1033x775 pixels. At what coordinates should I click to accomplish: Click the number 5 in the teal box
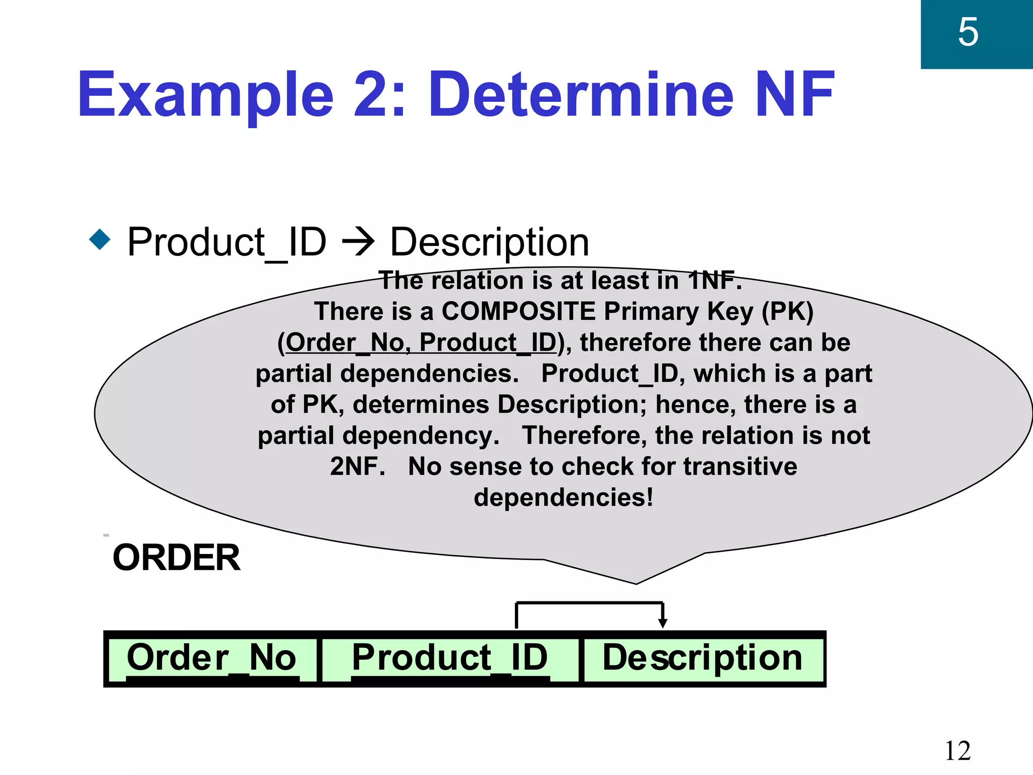point(968,32)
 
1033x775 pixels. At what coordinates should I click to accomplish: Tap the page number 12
point(957,751)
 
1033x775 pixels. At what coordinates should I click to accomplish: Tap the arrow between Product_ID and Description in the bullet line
point(358,242)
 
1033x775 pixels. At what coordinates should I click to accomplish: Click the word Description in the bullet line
point(489,243)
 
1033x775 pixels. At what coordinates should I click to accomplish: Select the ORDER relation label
point(177,558)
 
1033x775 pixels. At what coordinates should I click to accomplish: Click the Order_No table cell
point(211,658)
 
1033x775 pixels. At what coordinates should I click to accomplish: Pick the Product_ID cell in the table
point(450,658)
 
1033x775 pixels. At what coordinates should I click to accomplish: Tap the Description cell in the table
point(703,658)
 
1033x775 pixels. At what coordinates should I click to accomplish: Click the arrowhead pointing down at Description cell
point(663,624)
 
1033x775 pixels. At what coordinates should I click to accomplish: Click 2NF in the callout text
point(357,466)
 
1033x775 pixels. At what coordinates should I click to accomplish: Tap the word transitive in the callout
point(740,466)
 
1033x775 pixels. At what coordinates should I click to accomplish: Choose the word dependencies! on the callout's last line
point(563,497)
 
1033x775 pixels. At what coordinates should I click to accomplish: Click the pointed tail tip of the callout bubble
point(636,583)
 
